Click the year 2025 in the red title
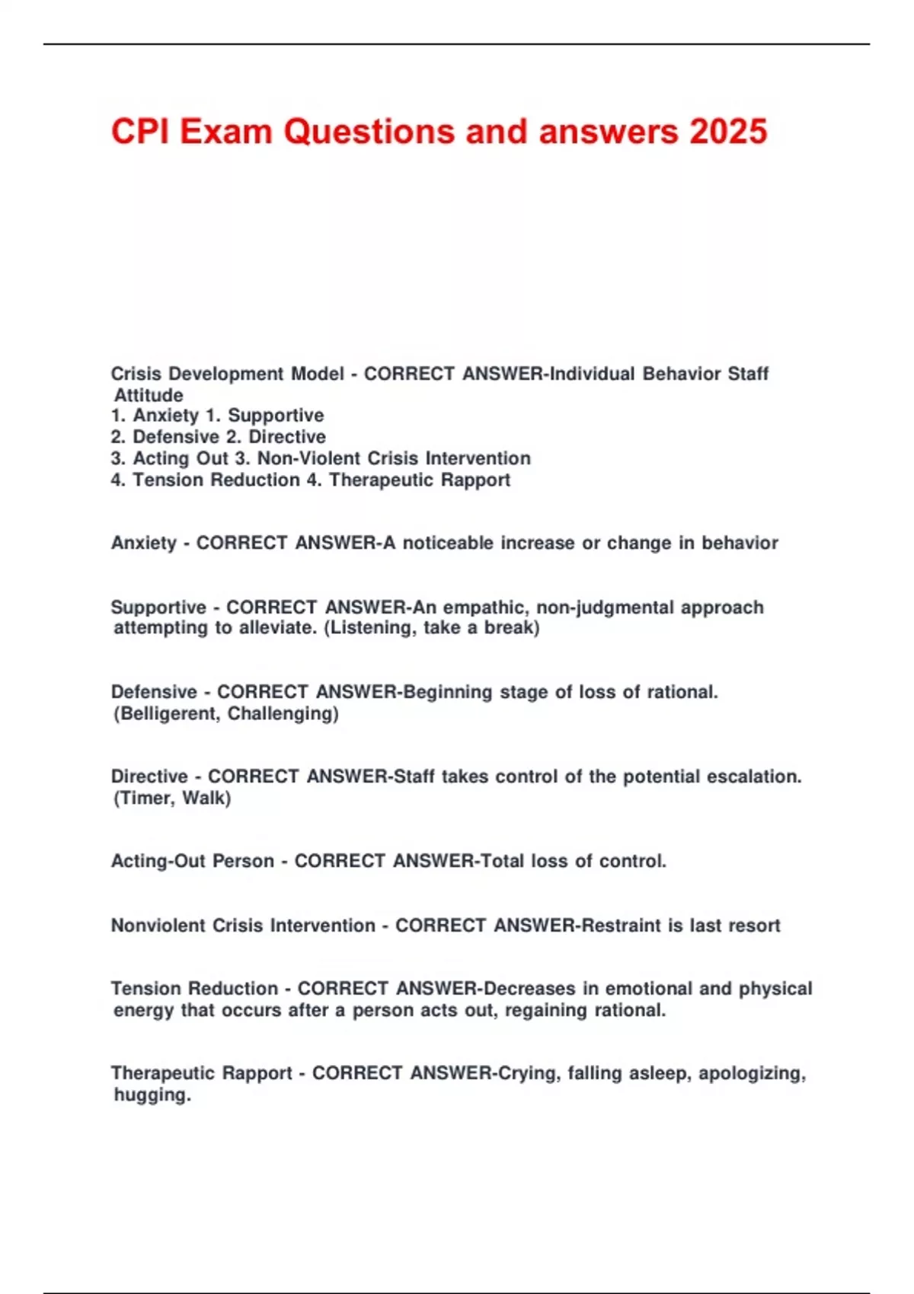click(729, 132)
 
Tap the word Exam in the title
click(226, 132)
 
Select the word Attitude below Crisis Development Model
click(149, 395)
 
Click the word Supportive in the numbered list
click(276, 416)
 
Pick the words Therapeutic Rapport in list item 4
click(420, 480)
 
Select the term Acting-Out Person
click(193, 861)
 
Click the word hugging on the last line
click(152, 1095)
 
